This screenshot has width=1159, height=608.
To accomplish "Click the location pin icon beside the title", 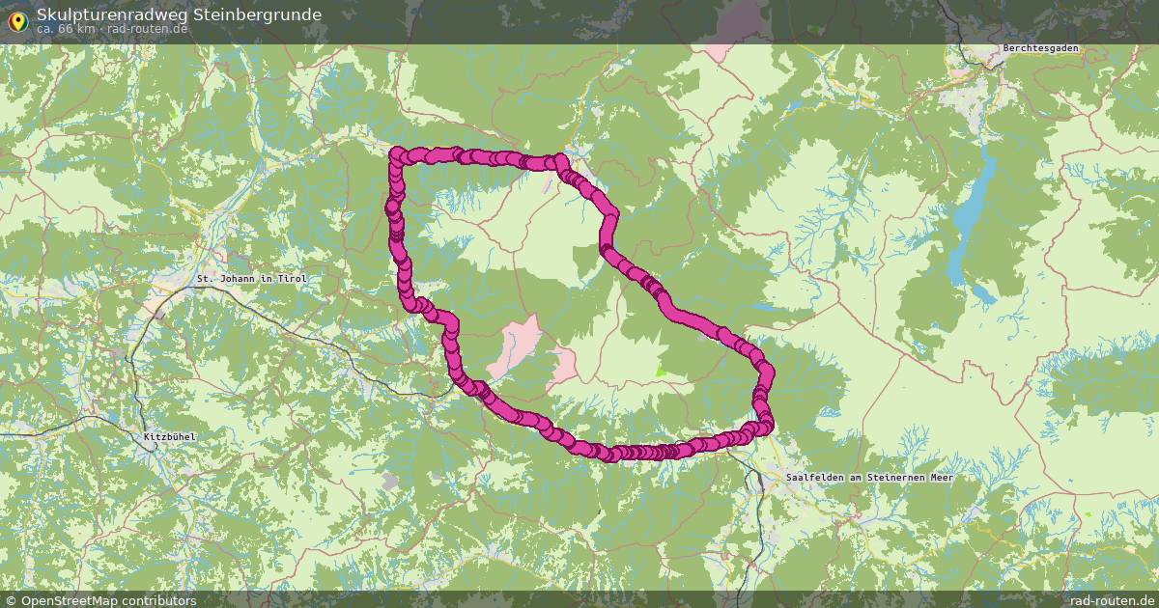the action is point(17,19).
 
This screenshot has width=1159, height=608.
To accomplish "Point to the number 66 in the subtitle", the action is point(67,28).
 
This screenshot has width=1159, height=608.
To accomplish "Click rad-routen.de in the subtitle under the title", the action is point(147,28).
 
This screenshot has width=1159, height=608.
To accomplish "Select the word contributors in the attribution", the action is point(163,600).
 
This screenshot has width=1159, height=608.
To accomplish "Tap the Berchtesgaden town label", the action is point(1040,48).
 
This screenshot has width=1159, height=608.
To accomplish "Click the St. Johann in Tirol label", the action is point(251,278).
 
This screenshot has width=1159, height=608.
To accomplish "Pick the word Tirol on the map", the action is point(292,278).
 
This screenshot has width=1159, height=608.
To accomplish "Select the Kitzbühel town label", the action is point(169,436).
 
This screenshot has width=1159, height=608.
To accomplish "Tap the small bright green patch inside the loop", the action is point(662,369).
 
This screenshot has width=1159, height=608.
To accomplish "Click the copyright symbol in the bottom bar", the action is point(12,600).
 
